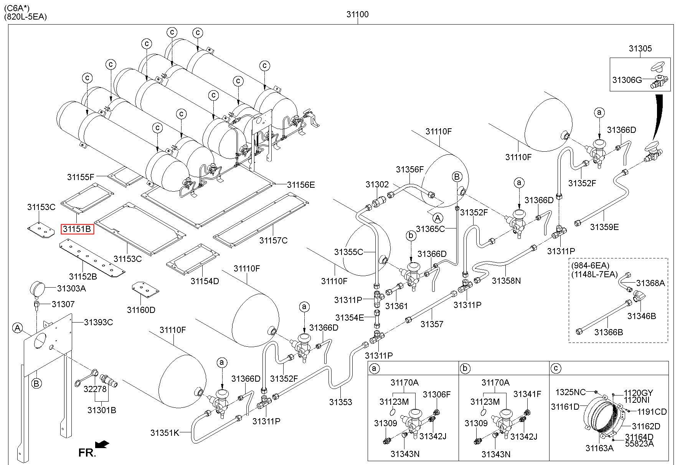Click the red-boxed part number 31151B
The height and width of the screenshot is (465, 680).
(77, 229)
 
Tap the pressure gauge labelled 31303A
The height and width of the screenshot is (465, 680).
(37, 289)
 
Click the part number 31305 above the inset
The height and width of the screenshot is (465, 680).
(640, 49)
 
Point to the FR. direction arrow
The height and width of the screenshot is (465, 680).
(102, 445)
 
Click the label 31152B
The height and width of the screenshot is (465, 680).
(83, 276)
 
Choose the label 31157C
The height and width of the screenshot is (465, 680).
(273, 241)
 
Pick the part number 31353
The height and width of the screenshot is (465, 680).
(340, 402)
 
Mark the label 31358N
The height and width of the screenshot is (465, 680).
(507, 281)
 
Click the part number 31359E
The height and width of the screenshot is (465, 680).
(604, 227)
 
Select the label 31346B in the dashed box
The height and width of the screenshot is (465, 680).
(642, 316)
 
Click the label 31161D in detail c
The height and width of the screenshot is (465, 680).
(565, 407)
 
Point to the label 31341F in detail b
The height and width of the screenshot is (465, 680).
(527, 394)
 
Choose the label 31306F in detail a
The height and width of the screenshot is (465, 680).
(437, 394)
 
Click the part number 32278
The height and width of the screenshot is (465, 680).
(95, 389)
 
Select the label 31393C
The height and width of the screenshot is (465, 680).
(99, 322)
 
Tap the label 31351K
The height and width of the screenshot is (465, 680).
(165, 433)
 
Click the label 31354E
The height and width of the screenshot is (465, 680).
(349, 318)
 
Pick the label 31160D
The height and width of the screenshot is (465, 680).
(141, 310)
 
